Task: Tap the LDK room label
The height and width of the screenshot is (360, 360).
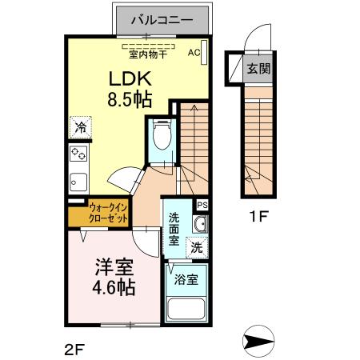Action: tap(127, 78)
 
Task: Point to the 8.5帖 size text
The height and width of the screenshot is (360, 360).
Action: tap(129, 99)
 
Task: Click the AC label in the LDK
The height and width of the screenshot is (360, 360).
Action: tap(194, 53)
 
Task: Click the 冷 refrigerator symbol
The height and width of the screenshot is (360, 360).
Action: tap(81, 127)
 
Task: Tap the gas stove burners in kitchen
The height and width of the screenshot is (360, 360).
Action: tap(78, 154)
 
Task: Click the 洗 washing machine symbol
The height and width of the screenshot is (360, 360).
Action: tap(196, 248)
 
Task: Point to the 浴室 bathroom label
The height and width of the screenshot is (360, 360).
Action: tap(186, 280)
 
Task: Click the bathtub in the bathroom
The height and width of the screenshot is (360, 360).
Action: tap(186, 310)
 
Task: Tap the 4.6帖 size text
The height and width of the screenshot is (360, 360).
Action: tap(114, 287)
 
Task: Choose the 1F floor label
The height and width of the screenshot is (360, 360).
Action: tap(258, 215)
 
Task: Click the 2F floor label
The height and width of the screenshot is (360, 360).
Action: tap(74, 347)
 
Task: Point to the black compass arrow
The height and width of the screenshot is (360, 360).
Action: tap(257, 340)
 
